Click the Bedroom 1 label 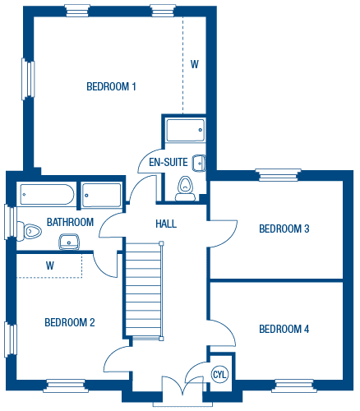coord(111,86)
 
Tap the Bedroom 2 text coord(70,322)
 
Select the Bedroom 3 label coord(284,229)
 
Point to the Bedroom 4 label coord(284,329)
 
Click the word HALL coord(166,224)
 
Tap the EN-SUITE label coord(168,162)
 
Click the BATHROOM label coord(70,222)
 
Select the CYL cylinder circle coord(219,374)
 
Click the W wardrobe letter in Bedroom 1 coord(195,64)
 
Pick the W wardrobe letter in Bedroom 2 coord(50,266)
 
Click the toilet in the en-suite coord(185,188)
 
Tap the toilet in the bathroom coord(29,232)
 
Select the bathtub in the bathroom coord(47,194)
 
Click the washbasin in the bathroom coord(69,242)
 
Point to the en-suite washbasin coord(199,164)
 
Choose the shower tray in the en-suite coord(186,130)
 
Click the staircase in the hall coord(145,290)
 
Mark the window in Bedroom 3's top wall coord(278,175)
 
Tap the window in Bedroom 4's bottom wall coord(294,386)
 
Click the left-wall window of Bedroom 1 coord(28,79)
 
